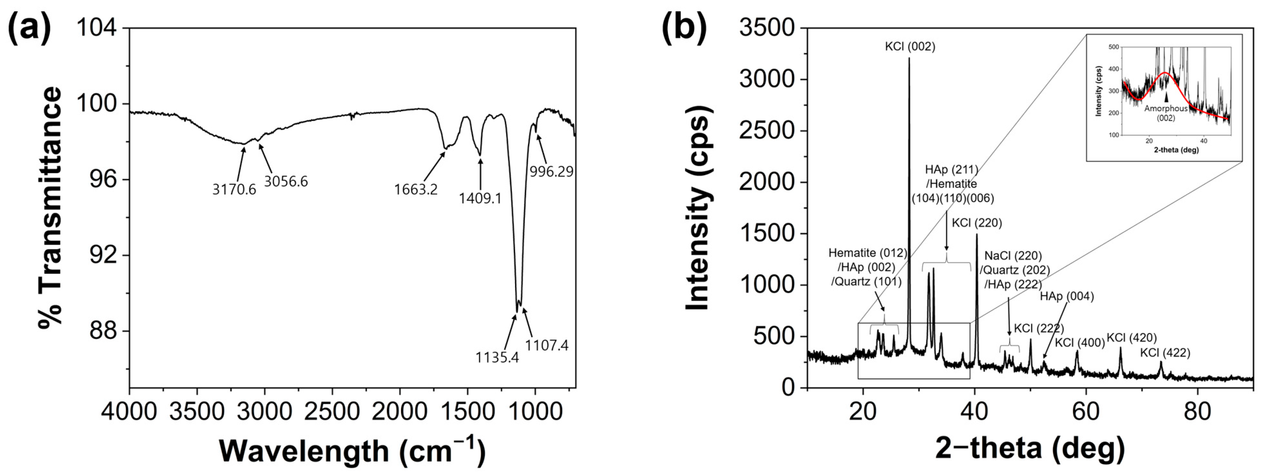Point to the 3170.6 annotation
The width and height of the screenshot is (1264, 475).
(234, 189)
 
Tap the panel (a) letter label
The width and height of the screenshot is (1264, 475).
(29, 28)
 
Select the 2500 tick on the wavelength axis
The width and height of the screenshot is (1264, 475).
(332, 411)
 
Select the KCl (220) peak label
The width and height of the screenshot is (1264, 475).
(976, 223)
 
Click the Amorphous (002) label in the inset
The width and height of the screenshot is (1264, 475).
(1166, 113)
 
